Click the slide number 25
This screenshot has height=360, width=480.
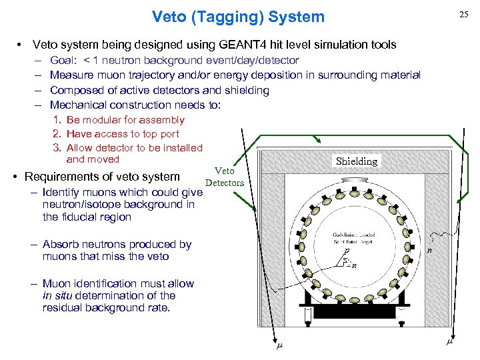[462, 15]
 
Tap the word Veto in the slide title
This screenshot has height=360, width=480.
[169, 16]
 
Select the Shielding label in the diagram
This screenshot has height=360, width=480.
[357, 161]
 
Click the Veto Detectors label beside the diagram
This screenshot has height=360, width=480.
[225, 177]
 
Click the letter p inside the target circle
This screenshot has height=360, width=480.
[347, 251]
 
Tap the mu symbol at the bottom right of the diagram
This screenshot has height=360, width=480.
[449, 341]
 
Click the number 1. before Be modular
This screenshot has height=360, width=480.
[57, 120]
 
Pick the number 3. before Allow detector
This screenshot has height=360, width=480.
[57, 147]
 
